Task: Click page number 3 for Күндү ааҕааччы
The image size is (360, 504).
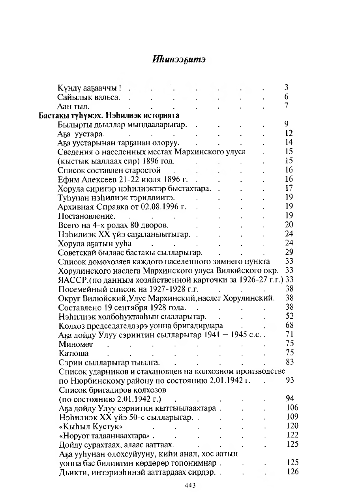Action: point(287,88)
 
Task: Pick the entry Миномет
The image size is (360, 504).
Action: point(76,344)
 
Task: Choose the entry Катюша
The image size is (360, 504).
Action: point(73,354)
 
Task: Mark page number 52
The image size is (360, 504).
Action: point(289,316)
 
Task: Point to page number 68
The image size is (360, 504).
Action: point(289,325)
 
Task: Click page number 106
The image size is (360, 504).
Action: point(292,408)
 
